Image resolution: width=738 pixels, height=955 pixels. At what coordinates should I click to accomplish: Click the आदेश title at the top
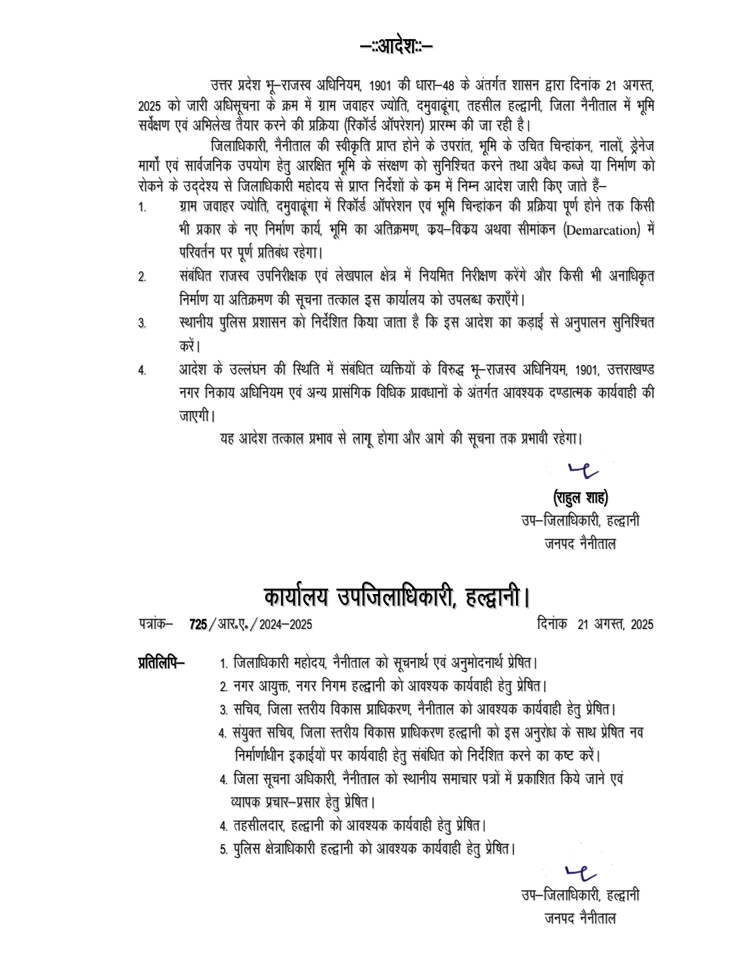396,46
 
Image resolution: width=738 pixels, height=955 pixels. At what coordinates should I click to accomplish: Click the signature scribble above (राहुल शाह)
583,469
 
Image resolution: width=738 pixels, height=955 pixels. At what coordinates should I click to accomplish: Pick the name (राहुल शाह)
580,497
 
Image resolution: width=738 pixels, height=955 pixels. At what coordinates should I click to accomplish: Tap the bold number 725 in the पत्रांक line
198,624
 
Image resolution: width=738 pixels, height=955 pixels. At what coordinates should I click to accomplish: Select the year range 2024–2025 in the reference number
285,624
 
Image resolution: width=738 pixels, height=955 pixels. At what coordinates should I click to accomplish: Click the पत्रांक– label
156,624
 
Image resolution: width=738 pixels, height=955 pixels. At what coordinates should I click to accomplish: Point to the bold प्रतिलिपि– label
161,662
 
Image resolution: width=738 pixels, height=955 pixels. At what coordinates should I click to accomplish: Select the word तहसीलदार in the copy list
258,825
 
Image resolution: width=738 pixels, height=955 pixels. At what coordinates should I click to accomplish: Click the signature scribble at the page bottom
582,872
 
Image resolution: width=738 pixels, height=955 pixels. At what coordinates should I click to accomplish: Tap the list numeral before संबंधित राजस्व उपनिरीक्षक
142,277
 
